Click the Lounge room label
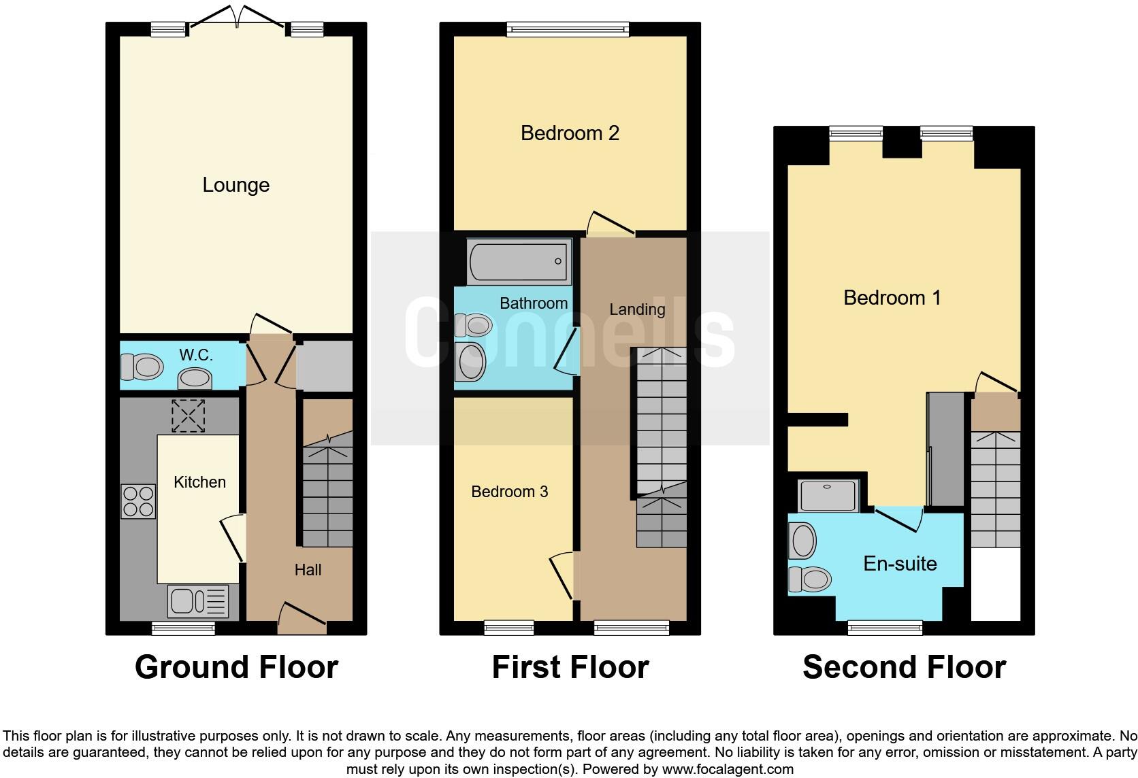pyautogui.click(x=235, y=185)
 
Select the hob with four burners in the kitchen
pyautogui.click(x=138, y=501)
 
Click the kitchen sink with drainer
pyautogui.click(x=198, y=601)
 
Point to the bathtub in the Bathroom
pyautogui.click(x=519, y=262)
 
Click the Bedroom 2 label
pyautogui.click(x=570, y=133)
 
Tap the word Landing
pyautogui.click(x=636, y=309)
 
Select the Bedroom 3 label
pyautogui.click(x=509, y=492)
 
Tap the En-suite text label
pyautogui.click(x=900, y=564)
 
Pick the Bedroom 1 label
pyautogui.click(x=892, y=298)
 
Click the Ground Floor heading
pyautogui.click(x=236, y=667)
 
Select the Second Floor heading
pyautogui.click(x=904, y=667)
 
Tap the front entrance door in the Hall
pyautogui.click(x=302, y=614)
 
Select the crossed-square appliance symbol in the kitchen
pyautogui.click(x=188, y=416)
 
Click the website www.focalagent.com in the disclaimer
pyautogui.click(x=728, y=769)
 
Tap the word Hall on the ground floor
pyautogui.click(x=308, y=570)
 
